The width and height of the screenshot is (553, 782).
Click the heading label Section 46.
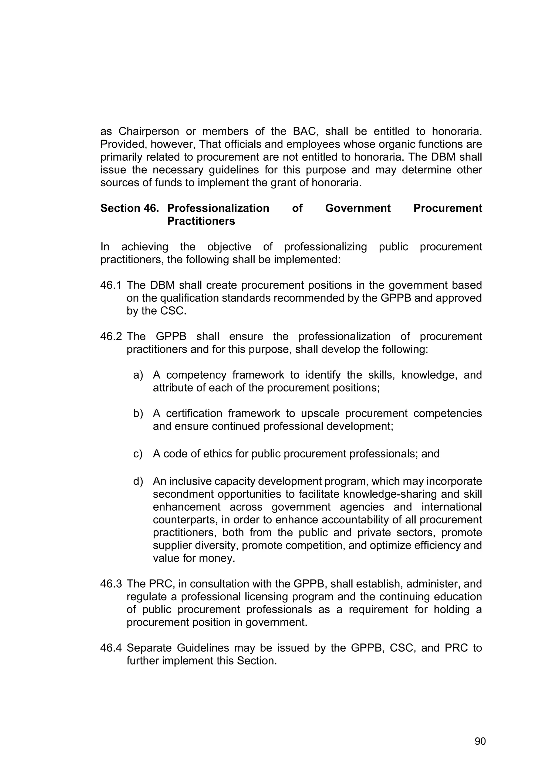tap(129, 208)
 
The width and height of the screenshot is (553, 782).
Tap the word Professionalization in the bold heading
tap(218, 208)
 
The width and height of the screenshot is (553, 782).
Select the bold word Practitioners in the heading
tap(201, 221)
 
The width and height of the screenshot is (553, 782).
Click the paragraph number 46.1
tap(111, 285)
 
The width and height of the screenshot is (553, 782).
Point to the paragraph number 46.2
tap(111, 336)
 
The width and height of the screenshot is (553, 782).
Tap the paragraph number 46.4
tap(111, 648)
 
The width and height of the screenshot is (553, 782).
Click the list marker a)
tap(138, 375)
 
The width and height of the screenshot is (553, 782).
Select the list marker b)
tap(138, 413)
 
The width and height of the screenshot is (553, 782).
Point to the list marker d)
tap(138, 482)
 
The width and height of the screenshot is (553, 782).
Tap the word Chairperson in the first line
tap(149, 131)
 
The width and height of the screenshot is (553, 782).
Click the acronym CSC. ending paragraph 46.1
tap(173, 311)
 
